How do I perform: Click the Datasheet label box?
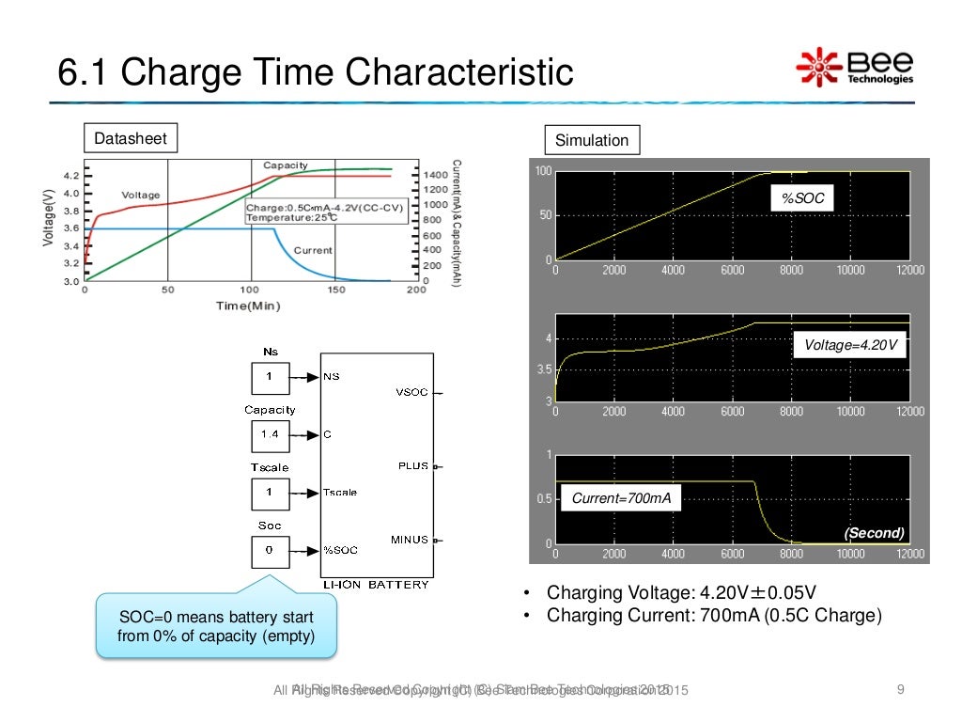click(131, 139)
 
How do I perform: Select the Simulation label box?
click(592, 140)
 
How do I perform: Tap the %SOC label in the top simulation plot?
click(796, 199)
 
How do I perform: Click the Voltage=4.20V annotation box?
click(850, 346)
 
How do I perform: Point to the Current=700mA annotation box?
click(621, 498)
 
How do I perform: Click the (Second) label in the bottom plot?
click(874, 533)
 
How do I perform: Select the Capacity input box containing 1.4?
click(270, 435)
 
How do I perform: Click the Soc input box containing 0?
click(270, 551)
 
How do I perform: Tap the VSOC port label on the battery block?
click(411, 393)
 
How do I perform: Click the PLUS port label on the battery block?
click(413, 465)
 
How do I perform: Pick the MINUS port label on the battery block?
click(410, 540)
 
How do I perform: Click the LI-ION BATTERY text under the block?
click(376, 585)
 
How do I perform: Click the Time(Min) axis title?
click(248, 306)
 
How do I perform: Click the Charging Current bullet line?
click(714, 616)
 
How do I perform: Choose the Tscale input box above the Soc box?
click(270, 493)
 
